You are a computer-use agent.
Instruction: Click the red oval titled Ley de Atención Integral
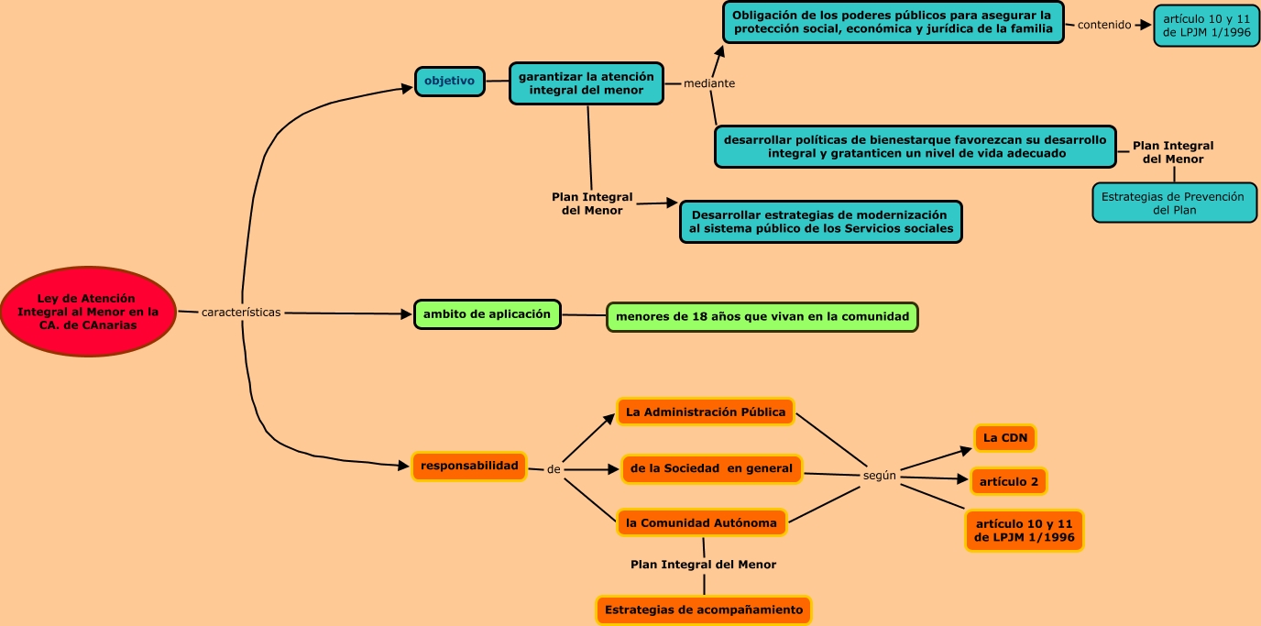[x=88, y=312]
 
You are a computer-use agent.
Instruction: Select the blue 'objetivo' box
[x=450, y=81]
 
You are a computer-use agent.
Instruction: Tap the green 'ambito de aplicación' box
[x=487, y=314]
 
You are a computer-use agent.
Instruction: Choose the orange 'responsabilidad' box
[x=469, y=467]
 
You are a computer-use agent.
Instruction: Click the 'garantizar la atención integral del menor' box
[x=586, y=83]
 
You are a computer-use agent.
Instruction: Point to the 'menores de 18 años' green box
[x=762, y=317]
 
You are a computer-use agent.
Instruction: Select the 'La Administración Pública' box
[x=706, y=412]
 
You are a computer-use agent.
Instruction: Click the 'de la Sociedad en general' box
[x=711, y=469]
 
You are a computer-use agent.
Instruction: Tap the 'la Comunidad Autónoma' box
[x=701, y=523]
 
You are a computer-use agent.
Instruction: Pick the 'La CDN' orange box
[x=1004, y=438]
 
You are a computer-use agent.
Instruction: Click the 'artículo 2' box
[x=1008, y=481]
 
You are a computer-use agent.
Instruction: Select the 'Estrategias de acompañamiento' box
[x=704, y=610]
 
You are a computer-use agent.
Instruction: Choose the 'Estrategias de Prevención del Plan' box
[x=1174, y=203]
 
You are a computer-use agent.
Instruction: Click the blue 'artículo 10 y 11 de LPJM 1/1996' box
[x=1206, y=26]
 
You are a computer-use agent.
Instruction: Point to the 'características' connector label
[x=241, y=313]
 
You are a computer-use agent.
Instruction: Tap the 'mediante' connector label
[x=709, y=83]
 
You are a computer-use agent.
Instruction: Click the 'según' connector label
[x=880, y=476]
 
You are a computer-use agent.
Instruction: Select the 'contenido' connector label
[x=1104, y=25]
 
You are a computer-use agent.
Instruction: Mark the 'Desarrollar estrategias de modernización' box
[x=821, y=222]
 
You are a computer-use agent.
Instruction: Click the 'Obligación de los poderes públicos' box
[x=893, y=22]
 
